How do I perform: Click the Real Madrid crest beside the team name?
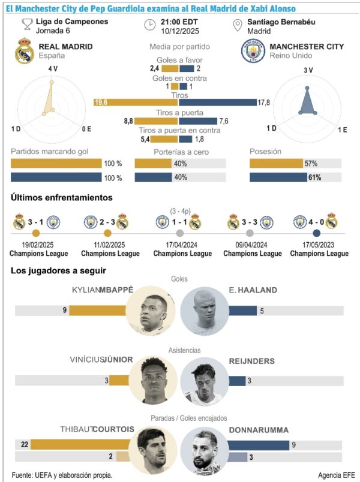click(24, 50)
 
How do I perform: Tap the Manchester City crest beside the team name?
click(253, 52)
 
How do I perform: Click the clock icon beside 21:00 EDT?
click(150, 25)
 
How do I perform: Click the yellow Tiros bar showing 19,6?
click(135, 103)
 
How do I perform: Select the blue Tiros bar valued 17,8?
click(217, 103)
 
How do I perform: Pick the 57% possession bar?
click(276, 163)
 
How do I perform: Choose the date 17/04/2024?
click(182, 245)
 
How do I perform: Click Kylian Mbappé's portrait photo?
click(151, 310)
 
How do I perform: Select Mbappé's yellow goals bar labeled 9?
click(97, 311)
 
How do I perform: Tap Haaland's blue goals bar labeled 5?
click(242, 311)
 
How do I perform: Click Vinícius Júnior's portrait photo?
click(151, 380)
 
